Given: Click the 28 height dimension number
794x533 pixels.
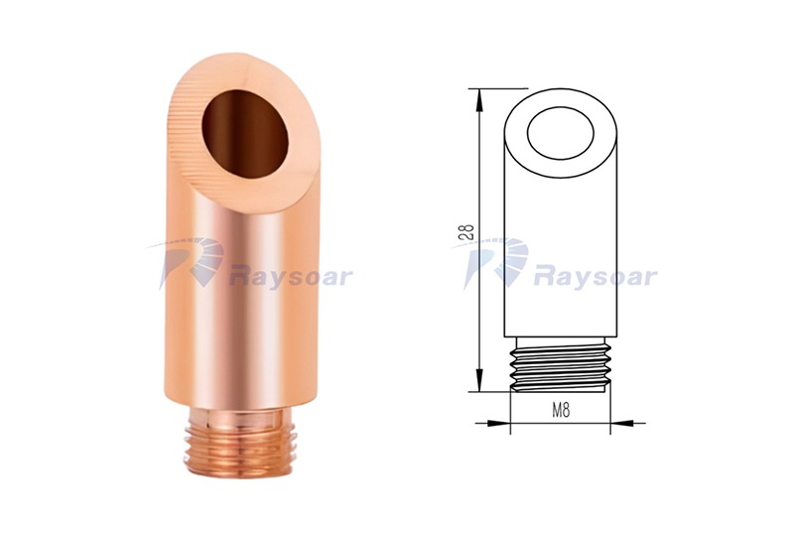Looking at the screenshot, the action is point(468,232).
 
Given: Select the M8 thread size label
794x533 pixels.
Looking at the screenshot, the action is point(561,410).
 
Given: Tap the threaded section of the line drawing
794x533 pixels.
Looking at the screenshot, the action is point(561,364).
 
